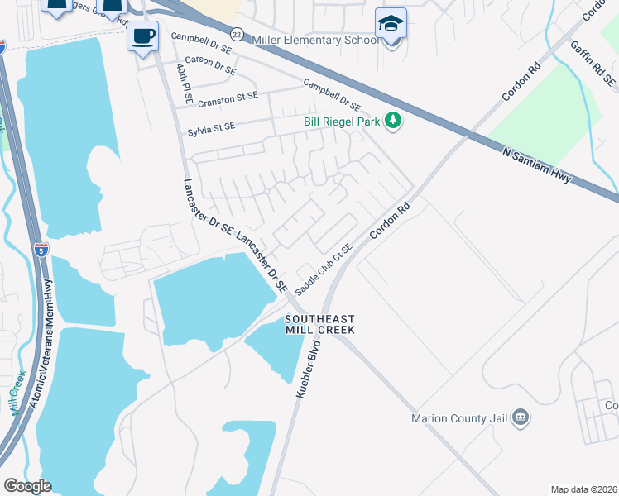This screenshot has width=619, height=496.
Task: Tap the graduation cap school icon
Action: coord(391,24)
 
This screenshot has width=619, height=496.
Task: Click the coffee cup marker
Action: coord(143,36)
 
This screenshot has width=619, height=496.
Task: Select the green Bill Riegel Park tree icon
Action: coord(394,122)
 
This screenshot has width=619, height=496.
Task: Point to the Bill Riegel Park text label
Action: coord(341,122)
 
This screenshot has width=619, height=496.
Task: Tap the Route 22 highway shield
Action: coord(237,34)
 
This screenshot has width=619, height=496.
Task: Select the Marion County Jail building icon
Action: coord(521,416)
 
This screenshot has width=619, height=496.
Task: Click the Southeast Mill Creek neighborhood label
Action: coord(320,324)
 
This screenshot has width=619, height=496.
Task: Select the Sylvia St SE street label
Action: coord(212,126)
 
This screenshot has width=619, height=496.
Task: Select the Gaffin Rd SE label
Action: coord(593,64)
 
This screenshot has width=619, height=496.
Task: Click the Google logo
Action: coord(27,486)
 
